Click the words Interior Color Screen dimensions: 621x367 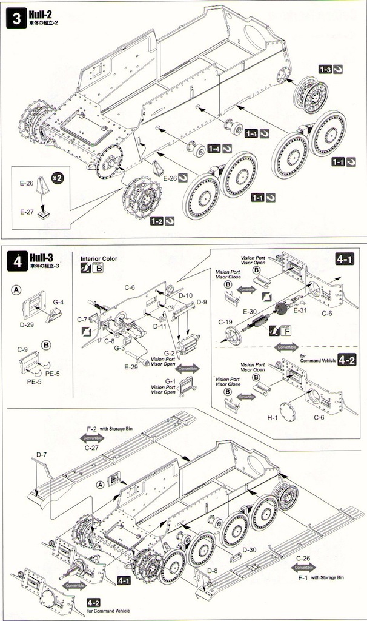98,258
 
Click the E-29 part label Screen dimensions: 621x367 131,368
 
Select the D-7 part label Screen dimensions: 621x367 41,454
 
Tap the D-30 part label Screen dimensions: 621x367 250,550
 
